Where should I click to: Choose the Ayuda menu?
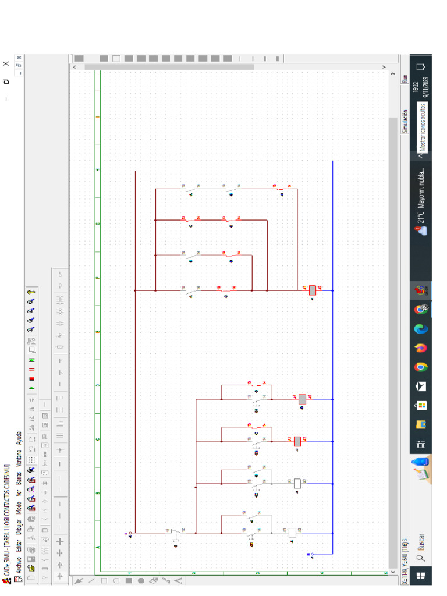tap(18, 437)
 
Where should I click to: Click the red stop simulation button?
tap(31, 378)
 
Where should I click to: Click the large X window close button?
tap(6, 64)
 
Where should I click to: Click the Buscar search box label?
tap(421, 542)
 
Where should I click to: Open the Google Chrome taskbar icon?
tap(421, 367)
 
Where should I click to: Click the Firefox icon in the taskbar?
tap(421, 348)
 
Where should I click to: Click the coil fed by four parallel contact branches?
tap(313, 290)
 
